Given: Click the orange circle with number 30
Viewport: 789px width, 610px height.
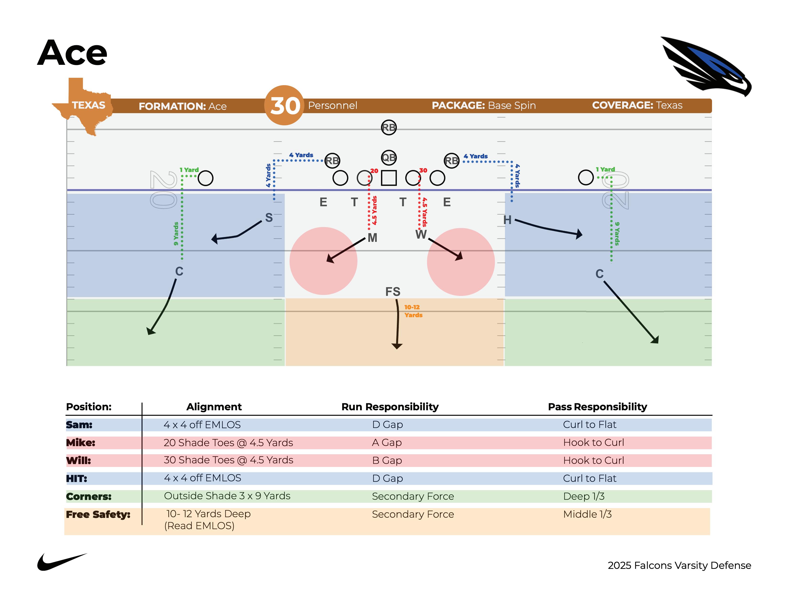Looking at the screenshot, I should coord(284,105).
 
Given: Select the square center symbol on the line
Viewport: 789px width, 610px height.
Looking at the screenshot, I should coord(389,178).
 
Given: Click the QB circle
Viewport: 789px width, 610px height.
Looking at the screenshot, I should coord(389,158).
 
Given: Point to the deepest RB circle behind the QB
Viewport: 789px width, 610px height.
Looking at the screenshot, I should coord(389,128).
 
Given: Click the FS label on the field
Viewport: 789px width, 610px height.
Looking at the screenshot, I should coord(393,292).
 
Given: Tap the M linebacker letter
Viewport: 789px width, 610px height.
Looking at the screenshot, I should coord(373,238).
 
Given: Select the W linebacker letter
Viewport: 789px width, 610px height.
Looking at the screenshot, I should coord(421,234).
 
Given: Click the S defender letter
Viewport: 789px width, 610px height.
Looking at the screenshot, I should coord(269,217).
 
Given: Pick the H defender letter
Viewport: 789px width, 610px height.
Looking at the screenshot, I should coord(507,220).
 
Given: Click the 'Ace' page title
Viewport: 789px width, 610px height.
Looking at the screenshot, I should coord(72,53).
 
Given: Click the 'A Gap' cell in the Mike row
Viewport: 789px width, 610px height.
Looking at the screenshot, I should coord(387,442).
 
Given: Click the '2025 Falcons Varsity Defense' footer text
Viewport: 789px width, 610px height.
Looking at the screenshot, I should coord(679,565).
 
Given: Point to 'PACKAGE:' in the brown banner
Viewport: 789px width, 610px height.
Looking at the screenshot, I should coord(458,105).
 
